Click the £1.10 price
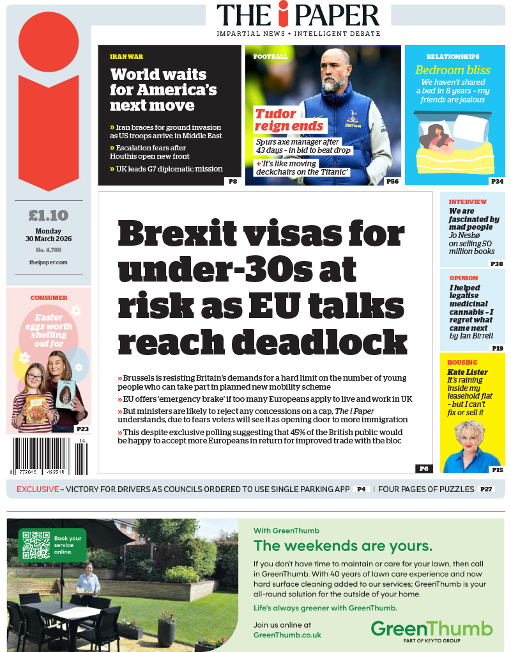point(49,216)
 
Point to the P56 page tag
point(393,182)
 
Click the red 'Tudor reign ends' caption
point(290,120)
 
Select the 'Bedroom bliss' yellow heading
point(453,70)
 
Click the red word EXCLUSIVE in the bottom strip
point(36,489)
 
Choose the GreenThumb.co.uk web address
point(287,635)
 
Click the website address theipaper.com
point(49,262)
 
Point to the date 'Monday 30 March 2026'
point(49,235)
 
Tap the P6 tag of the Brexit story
point(423,468)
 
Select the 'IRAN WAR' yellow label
point(126,57)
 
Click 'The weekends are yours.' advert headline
point(342,546)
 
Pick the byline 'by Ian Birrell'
point(471,335)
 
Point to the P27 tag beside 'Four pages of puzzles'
point(487,489)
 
